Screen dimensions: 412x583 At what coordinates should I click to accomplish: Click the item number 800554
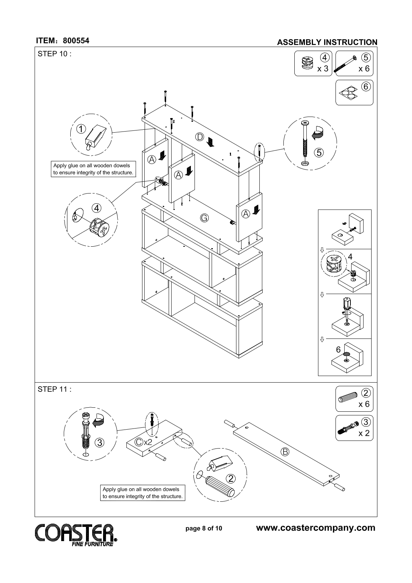coord(76,40)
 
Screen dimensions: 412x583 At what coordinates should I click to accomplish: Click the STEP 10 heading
coord(54,54)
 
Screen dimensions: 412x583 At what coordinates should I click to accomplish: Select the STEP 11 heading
coord(54,390)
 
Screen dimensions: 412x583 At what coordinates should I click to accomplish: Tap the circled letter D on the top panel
coord(199,137)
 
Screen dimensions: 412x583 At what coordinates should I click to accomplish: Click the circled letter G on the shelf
coord(204,218)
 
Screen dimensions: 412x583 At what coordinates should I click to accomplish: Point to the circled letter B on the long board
coord(285,452)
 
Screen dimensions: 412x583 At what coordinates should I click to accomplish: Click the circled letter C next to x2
coord(139,442)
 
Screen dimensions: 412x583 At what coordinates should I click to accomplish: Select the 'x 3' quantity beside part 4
coord(323,69)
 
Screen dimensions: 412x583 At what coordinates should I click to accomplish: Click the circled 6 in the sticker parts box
coord(366,86)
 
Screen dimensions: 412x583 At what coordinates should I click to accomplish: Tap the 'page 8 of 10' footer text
coord(204,528)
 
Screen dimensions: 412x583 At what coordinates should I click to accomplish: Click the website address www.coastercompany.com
coord(316,528)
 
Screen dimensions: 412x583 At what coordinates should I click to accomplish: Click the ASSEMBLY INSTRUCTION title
coord(327,42)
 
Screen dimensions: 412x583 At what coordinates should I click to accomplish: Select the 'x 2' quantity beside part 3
coord(364,433)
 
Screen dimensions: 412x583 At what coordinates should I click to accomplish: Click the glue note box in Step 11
coord(143,493)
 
